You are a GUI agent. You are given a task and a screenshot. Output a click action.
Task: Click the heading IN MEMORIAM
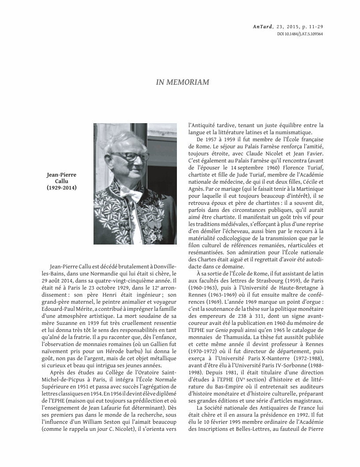(182, 82)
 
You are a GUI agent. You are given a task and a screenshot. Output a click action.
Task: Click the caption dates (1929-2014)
(61, 188)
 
